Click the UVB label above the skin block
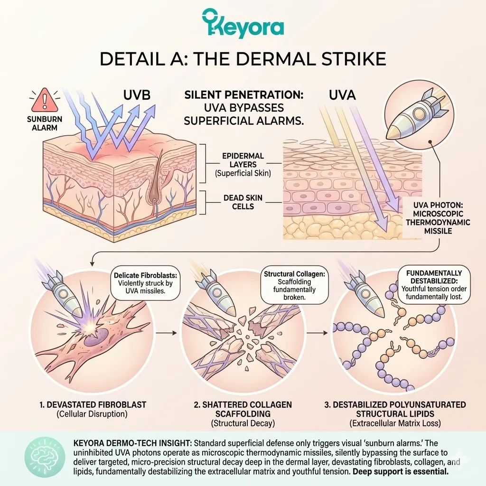(x=137, y=94)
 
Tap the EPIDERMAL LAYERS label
(x=243, y=164)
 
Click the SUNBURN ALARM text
(x=42, y=123)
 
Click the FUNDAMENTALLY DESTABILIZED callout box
(x=434, y=283)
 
